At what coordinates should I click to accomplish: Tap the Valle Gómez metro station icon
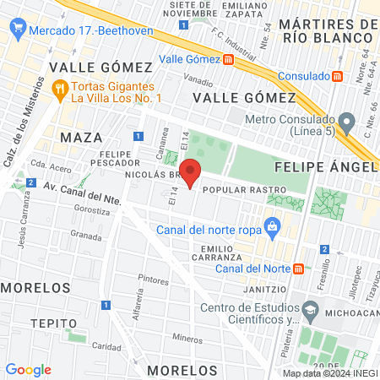(229, 59)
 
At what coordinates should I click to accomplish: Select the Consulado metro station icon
(338, 75)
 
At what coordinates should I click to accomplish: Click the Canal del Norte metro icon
(298, 269)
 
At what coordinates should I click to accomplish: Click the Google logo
(28, 369)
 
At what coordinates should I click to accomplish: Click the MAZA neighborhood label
(81, 136)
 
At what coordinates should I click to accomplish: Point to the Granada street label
(86, 234)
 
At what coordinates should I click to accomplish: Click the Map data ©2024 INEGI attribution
(328, 373)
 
